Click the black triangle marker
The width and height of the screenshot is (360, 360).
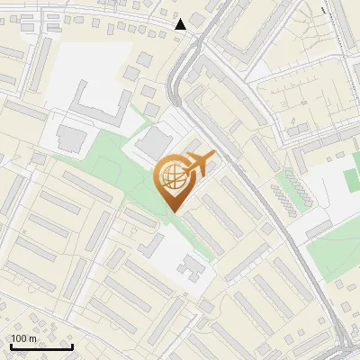pos(181,24)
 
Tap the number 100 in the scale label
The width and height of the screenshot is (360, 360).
pos(18,338)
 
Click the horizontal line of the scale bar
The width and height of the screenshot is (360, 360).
pos(41,347)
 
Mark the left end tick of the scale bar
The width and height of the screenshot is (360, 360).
pos(11,346)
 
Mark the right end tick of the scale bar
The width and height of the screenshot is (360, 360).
pos(72,346)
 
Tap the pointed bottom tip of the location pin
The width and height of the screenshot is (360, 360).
pos(172,211)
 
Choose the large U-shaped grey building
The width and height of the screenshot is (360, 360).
pos(98,108)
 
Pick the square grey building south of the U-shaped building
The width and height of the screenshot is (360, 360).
pos(70,139)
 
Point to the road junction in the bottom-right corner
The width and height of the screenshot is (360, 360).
pos(346,346)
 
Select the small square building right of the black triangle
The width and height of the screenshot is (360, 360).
pos(197,20)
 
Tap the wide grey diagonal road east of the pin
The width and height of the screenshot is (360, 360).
pos(261,198)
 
